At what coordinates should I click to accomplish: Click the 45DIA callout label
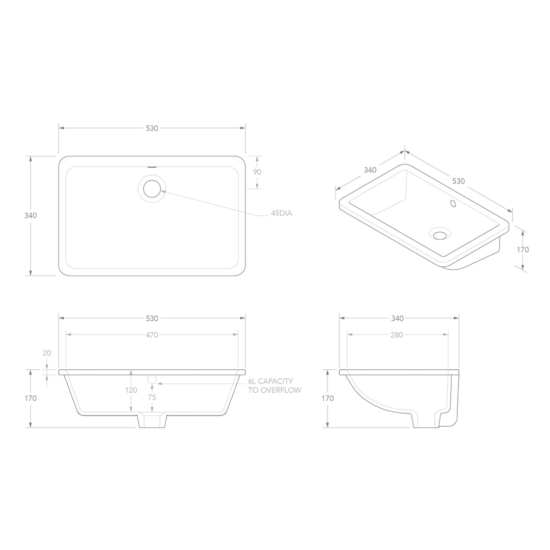(x=281, y=214)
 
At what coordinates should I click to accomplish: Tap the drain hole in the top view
(x=152, y=188)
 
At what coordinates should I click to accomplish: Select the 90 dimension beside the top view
(x=257, y=172)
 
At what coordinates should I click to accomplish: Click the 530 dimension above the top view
(x=152, y=128)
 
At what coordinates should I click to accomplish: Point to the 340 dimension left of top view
(x=31, y=215)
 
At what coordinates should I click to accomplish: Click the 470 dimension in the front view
(x=152, y=335)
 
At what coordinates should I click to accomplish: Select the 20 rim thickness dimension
(x=47, y=353)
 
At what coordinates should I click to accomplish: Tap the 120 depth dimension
(x=131, y=390)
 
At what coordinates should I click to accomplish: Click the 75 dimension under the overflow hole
(x=152, y=397)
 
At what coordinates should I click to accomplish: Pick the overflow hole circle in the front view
(x=152, y=379)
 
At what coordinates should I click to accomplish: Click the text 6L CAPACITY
(x=270, y=381)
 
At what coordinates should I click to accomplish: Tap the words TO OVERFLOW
(x=274, y=390)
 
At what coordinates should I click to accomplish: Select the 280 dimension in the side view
(x=397, y=335)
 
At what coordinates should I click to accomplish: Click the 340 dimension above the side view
(x=397, y=318)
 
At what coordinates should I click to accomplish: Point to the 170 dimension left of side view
(x=328, y=398)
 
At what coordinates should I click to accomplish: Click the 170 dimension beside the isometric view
(x=522, y=250)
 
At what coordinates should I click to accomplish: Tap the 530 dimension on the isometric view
(x=458, y=181)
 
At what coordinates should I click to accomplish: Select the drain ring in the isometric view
(x=440, y=234)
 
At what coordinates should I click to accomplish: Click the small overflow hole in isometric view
(x=452, y=204)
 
